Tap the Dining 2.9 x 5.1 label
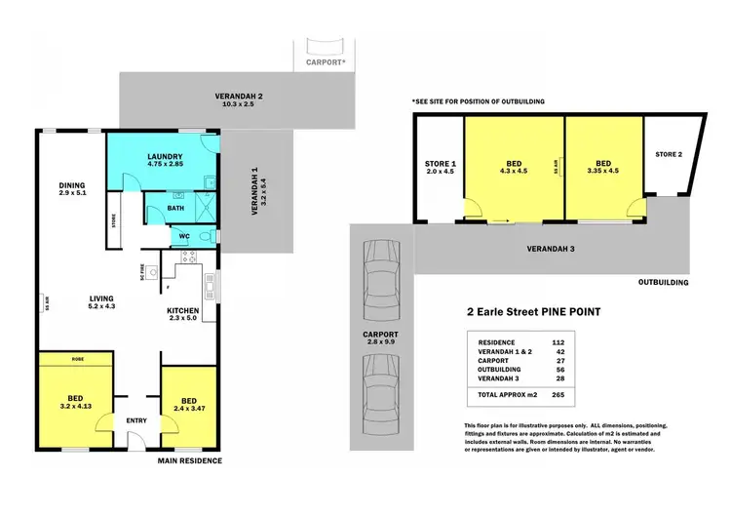71,189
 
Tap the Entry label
136,420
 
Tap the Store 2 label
669,154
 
